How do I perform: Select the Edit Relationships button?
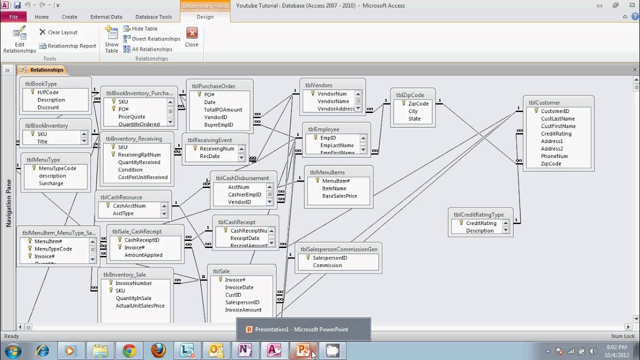click(19, 40)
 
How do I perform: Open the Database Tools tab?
click(153, 16)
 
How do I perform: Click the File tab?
click(13, 16)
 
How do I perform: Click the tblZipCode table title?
click(410, 95)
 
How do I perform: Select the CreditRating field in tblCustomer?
click(556, 133)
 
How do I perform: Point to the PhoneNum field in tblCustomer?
click(554, 156)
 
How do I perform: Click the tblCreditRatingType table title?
click(478, 214)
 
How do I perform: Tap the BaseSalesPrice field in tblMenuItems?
click(339, 196)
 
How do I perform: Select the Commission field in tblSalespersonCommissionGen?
click(327, 265)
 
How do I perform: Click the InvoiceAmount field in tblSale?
click(243, 310)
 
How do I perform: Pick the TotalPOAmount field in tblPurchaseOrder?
click(223, 109)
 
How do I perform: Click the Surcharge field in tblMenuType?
click(51, 183)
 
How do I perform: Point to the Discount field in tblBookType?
click(48, 107)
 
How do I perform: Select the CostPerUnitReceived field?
click(142, 177)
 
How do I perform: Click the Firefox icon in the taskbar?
click(158, 350)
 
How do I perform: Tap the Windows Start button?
click(12, 350)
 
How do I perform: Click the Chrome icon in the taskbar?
click(129, 350)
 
